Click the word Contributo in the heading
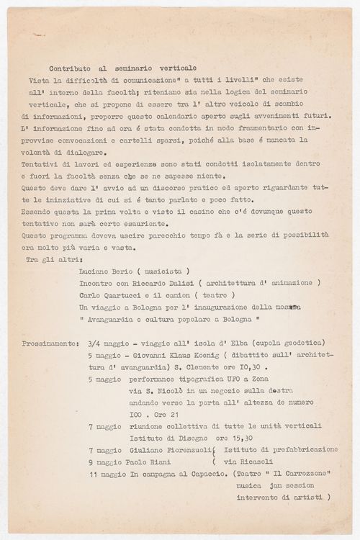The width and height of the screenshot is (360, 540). [x=71, y=66]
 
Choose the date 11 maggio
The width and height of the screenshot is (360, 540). [x=107, y=474]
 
